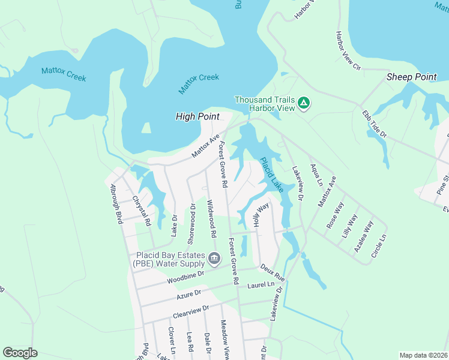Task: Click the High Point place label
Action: (197, 116)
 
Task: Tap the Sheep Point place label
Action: (411, 77)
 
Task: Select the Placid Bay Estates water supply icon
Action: (214, 259)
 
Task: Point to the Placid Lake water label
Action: (271, 175)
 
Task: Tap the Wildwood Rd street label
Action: (211, 217)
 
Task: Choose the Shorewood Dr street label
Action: (191, 223)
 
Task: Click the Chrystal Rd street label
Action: (142, 210)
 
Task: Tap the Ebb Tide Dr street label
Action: (372, 122)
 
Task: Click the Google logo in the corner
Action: (20, 353)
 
